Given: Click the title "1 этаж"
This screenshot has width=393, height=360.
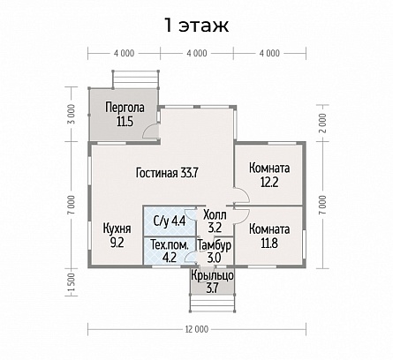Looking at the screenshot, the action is [x=196, y=26].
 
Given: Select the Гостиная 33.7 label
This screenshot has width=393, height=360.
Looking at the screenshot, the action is [x=167, y=173].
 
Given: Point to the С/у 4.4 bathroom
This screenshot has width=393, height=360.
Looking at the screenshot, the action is [x=170, y=221].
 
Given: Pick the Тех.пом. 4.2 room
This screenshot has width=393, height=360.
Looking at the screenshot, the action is [x=170, y=251].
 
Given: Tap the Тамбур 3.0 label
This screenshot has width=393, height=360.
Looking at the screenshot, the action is [x=215, y=251].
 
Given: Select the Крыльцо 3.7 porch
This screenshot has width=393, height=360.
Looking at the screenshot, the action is [x=212, y=282].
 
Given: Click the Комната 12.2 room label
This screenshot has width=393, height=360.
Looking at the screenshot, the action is [x=269, y=176].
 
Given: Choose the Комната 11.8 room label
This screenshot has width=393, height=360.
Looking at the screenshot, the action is [x=269, y=236].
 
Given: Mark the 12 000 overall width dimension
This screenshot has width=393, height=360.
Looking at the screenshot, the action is [x=197, y=329].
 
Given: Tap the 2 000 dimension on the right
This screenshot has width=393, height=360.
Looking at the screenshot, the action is [x=323, y=124].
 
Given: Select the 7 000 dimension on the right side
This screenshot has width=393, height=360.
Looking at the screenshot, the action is [x=323, y=205].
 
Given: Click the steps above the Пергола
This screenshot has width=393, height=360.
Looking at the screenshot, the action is [x=136, y=79].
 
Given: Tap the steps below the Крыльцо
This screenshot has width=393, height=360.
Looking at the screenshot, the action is [x=212, y=303].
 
